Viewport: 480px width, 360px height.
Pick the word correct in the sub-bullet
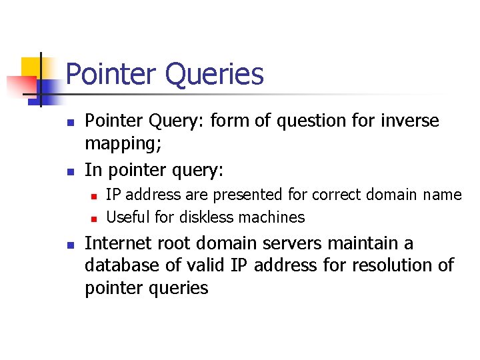click(x=333, y=195)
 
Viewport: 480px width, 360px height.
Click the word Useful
click(x=128, y=217)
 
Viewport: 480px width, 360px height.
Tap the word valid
click(x=205, y=265)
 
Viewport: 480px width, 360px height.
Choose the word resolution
click(x=388, y=265)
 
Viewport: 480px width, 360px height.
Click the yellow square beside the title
click(x=31, y=67)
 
